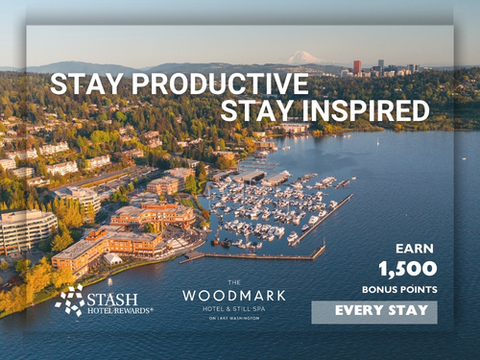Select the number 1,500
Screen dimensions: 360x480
[407, 269]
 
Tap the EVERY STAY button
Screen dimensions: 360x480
[373, 312]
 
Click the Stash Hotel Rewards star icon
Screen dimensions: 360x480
[69, 300]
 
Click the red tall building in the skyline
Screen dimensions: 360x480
[357, 67]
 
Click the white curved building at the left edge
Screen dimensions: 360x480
[25, 230]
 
